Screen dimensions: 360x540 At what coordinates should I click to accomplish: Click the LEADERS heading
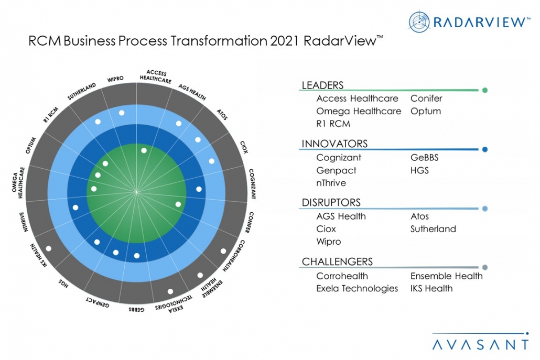322,85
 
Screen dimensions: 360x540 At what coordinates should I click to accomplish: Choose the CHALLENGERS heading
337,261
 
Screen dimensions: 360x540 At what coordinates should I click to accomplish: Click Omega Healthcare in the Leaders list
359,111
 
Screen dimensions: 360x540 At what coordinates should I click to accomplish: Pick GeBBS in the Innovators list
424,158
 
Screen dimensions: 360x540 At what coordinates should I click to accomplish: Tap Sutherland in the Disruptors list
433,229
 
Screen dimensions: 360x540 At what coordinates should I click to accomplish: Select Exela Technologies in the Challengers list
357,288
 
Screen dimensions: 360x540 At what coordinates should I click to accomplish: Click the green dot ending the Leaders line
485,91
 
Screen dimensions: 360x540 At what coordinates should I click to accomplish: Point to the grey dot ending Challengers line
485,267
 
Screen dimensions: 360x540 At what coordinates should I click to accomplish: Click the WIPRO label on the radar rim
115,79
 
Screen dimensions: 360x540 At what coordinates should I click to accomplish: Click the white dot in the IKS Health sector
48,248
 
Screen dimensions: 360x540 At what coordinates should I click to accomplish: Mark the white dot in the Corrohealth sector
223,251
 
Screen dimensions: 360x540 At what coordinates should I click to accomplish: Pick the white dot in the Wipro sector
122,113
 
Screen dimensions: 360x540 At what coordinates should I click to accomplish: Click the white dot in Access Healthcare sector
144,150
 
